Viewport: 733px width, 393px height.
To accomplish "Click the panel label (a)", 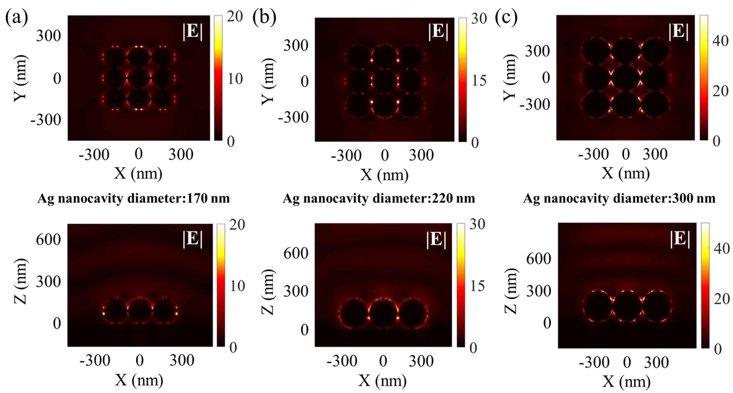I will (17, 18).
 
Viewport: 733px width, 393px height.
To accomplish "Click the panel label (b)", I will (264, 18).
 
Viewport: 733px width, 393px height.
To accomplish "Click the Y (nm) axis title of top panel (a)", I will (21, 78).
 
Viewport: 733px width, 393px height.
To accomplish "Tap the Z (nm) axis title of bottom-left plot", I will (21, 281).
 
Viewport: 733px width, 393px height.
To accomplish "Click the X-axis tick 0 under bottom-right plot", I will (627, 362).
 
